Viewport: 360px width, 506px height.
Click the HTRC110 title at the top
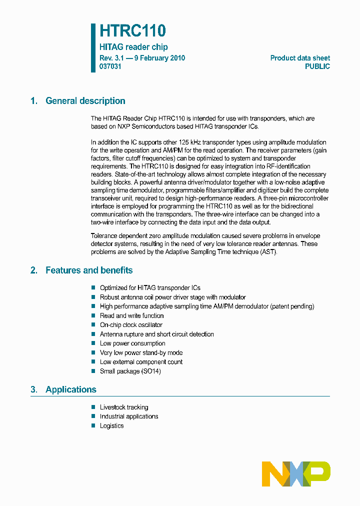(132, 31)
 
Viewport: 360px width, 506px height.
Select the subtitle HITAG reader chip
(133, 47)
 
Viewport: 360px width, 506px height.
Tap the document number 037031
(110, 66)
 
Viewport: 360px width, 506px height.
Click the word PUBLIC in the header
(317, 66)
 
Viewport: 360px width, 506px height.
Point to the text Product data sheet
(300, 58)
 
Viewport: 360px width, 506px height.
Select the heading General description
(85, 101)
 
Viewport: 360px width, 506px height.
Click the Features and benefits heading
(89, 270)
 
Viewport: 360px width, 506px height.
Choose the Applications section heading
(70, 389)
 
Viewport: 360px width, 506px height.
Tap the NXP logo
(296, 473)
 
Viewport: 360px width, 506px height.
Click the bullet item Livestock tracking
(124, 407)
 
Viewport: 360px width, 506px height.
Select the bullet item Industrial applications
(129, 416)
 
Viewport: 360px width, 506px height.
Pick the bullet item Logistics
(111, 426)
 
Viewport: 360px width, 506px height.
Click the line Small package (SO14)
(130, 371)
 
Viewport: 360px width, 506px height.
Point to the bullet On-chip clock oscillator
(131, 325)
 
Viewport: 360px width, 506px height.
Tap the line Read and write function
(131, 315)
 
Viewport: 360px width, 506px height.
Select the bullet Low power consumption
(132, 343)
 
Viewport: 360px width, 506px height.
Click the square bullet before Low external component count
(93, 362)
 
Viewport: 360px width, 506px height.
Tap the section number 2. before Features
(33, 270)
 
